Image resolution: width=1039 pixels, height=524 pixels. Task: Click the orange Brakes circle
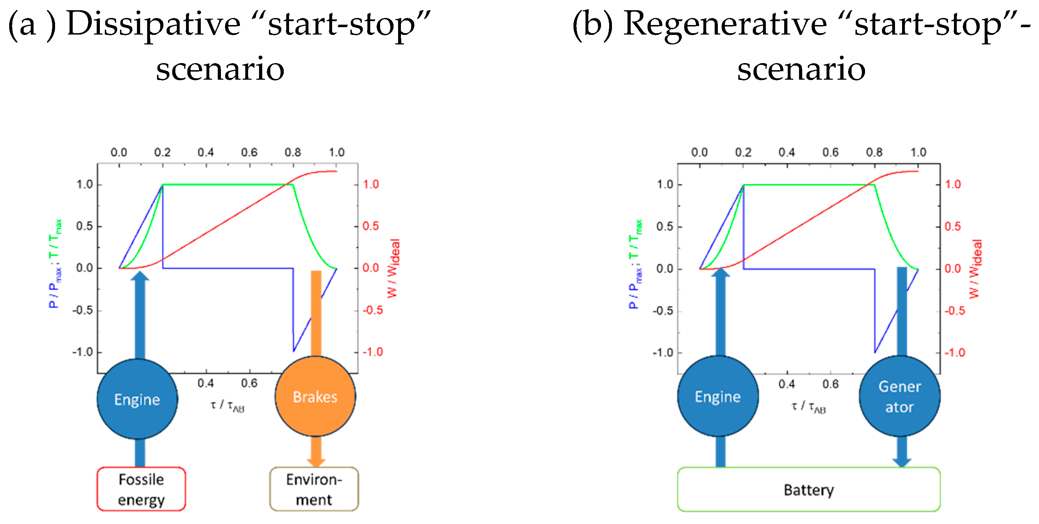click(315, 397)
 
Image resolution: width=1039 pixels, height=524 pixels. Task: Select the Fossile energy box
click(141, 489)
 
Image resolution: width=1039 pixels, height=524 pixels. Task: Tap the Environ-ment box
click(314, 489)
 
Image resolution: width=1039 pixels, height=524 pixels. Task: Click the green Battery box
click(808, 490)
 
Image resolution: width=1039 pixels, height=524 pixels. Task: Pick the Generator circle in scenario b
click(900, 397)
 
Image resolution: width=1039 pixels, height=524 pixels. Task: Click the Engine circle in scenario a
click(137, 399)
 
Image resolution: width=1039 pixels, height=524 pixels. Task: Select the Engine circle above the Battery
click(717, 397)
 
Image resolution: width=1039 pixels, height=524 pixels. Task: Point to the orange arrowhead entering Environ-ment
click(316, 462)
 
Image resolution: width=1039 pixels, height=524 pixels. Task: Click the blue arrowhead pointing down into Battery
click(901, 462)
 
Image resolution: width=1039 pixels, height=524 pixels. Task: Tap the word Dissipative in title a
click(153, 24)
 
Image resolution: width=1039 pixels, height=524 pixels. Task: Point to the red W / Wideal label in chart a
click(393, 268)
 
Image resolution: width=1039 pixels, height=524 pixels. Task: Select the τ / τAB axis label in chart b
click(808, 407)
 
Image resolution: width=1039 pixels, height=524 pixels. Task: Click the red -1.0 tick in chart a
click(372, 352)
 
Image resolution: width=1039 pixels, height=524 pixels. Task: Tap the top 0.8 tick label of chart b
click(874, 152)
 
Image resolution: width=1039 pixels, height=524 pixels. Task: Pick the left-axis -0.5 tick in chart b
click(663, 311)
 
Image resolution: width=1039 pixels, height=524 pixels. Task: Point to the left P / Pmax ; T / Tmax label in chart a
click(55, 264)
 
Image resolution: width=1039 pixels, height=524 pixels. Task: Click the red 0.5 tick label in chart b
click(953, 226)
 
